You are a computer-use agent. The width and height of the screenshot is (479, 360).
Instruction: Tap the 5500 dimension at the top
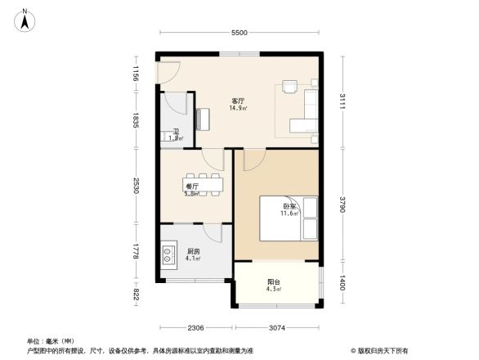click(239, 33)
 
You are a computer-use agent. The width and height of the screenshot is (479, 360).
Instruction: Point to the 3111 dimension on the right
click(343, 102)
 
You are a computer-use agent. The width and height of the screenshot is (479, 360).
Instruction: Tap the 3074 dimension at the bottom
click(279, 327)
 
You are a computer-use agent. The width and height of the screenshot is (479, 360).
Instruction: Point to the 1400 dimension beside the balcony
click(343, 283)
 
